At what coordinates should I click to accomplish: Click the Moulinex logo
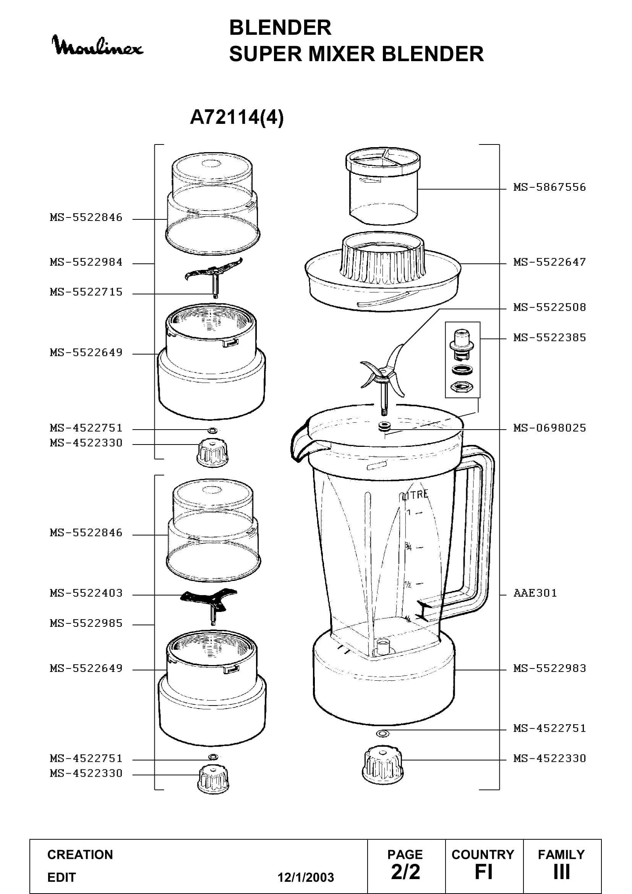pos(97,45)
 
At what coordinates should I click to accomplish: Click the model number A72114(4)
pos(237,117)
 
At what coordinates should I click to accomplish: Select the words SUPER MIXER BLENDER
pos(356,54)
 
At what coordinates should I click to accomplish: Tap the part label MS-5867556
pos(549,187)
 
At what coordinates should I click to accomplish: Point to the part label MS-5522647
pos(549,262)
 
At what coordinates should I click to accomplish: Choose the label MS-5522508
pos(549,307)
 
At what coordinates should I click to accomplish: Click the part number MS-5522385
pos(549,337)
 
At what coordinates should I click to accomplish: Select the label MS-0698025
pos(549,428)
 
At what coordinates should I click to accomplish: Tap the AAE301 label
pos(535,593)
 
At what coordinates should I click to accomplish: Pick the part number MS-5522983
pos(549,668)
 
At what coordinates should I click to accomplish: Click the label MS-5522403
pos(86,593)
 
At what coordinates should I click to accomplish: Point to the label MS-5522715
pos(86,292)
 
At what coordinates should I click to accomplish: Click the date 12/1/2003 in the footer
pos(306,878)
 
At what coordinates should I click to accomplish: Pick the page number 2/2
pos(405,872)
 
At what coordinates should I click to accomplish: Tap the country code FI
pos(483,872)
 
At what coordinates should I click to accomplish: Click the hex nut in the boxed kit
pos(462,387)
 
